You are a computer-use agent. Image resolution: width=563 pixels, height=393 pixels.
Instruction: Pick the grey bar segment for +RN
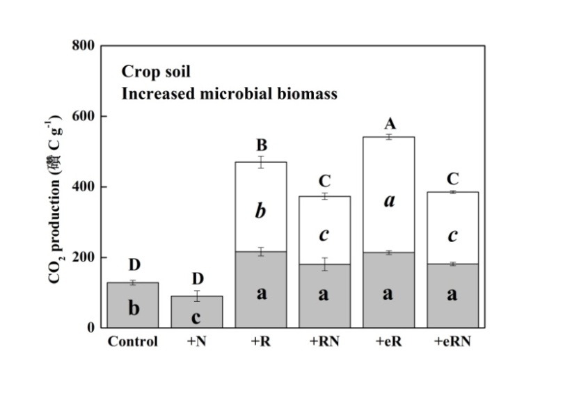tap(324, 296)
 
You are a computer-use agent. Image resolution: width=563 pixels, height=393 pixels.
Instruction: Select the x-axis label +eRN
tap(452, 342)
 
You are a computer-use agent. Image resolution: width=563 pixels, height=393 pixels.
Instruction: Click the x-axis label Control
tap(133, 342)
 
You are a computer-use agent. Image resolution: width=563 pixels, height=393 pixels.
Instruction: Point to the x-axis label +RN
tap(324, 342)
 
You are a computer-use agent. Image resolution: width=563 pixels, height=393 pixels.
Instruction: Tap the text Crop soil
tap(156, 71)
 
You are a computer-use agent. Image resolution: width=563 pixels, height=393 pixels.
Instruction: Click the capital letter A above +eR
tap(390, 124)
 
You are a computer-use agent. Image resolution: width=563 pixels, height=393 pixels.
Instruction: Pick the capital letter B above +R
tap(262, 146)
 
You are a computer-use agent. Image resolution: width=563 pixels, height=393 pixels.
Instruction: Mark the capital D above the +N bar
tap(198, 280)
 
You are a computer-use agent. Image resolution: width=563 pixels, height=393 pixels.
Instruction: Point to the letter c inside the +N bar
tap(197, 318)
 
